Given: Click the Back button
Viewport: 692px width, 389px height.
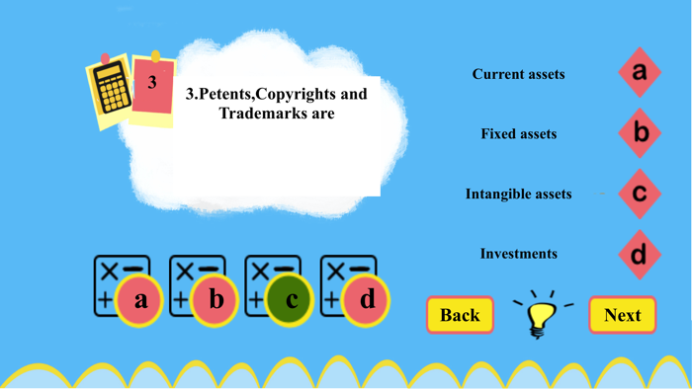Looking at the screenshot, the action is point(460,315).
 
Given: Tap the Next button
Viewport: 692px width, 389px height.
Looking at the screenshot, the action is point(622,315).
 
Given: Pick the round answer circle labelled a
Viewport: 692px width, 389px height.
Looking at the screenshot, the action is point(140,299).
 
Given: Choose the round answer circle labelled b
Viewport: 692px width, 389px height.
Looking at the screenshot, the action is point(216,299).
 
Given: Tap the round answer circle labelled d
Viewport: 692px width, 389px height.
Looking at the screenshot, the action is point(367,299).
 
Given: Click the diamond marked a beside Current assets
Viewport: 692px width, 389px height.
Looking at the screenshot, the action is point(640,72).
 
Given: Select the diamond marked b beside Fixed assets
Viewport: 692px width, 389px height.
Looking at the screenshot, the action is point(640,132).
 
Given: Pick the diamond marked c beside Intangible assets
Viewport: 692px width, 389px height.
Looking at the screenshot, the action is point(640,194).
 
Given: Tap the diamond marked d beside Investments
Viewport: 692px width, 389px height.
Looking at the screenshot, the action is point(640,254).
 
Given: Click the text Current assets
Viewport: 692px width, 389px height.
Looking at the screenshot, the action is point(518,74).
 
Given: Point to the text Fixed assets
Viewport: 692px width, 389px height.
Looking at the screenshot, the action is point(519,133).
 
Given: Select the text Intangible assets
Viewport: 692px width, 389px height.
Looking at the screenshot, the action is point(518,194).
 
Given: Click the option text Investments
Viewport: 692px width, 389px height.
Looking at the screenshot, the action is point(518,254).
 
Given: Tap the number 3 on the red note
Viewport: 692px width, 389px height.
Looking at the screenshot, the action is point(152,83).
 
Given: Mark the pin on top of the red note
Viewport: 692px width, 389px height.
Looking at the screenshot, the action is point(155,55).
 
